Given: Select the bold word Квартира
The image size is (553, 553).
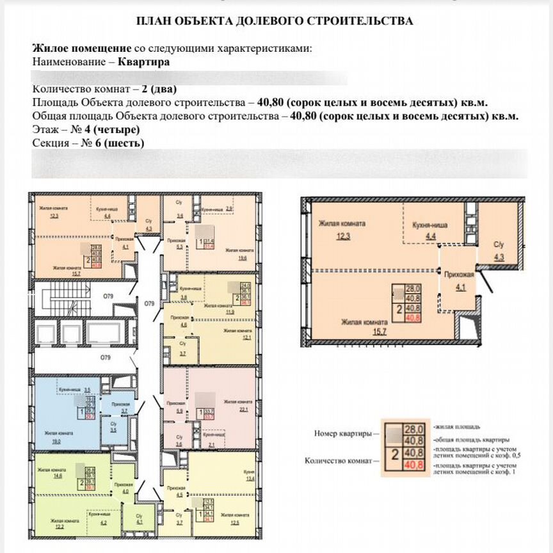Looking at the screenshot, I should pos(144,62).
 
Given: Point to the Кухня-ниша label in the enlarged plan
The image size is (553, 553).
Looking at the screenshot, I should pos(429,225).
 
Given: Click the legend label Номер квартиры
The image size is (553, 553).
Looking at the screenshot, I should pos(342,433).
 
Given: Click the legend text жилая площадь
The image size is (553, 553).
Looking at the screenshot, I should pos(456,426).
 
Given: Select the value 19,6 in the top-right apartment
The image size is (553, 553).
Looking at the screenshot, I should pos(242,259).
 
